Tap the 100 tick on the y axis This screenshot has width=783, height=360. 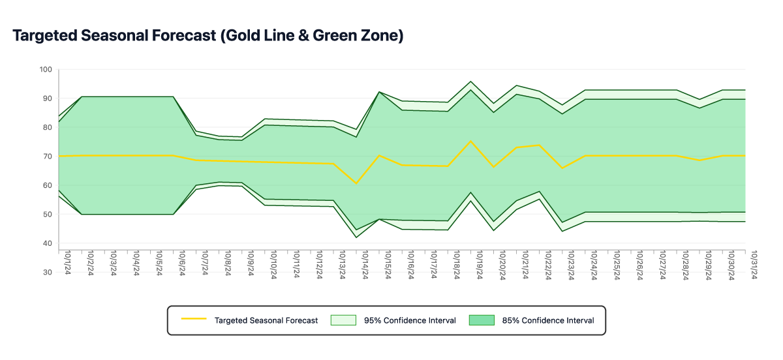[x=46, y=69]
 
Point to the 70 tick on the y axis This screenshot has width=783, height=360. [x=47, y=156]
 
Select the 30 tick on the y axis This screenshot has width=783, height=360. [x=47, y=272]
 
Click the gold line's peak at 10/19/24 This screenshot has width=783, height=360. [x=470, y=141]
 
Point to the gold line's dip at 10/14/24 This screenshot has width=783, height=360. [x=356, y=183]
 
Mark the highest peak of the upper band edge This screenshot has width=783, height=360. [x=470, y=82]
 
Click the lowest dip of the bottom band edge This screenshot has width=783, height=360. [x=356, y=237]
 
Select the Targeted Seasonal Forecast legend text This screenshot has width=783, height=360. [x=266, y=320]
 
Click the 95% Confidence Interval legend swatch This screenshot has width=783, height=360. [x=343, y=320]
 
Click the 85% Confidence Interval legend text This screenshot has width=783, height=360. [x=548, y=320]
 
